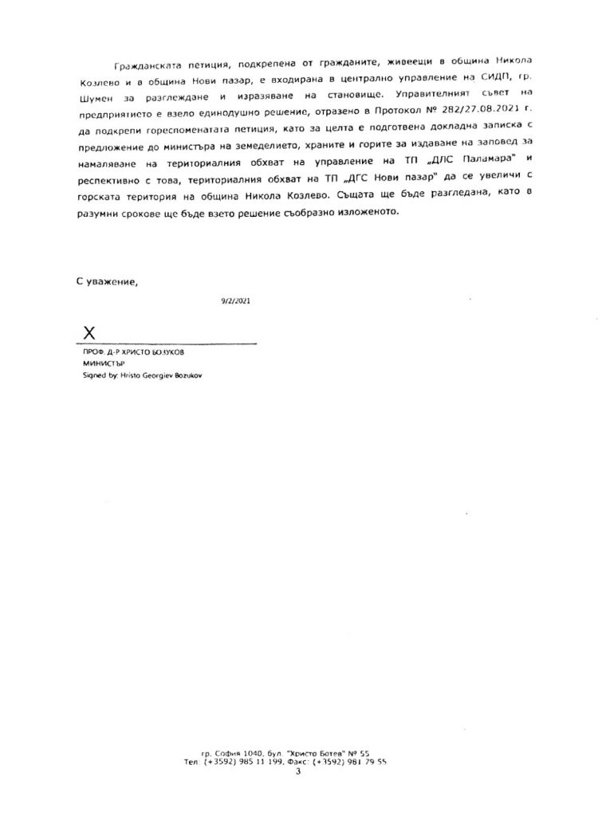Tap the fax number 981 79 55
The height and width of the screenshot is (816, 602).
pyautogui.click(x=370, y=762)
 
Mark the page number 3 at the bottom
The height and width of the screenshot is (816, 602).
pyautogui.click(x=297, y=771)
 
